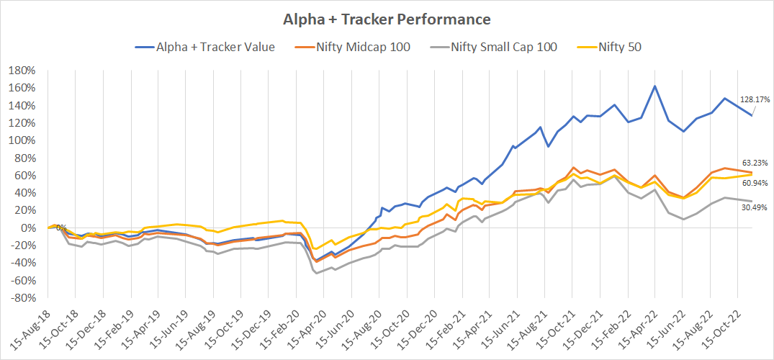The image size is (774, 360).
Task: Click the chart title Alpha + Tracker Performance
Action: click(387, 19)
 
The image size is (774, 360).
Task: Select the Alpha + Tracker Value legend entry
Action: click(214, 48)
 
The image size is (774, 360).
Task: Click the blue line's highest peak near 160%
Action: click(654, 86)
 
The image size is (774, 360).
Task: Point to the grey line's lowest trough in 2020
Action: click(317, 272)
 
